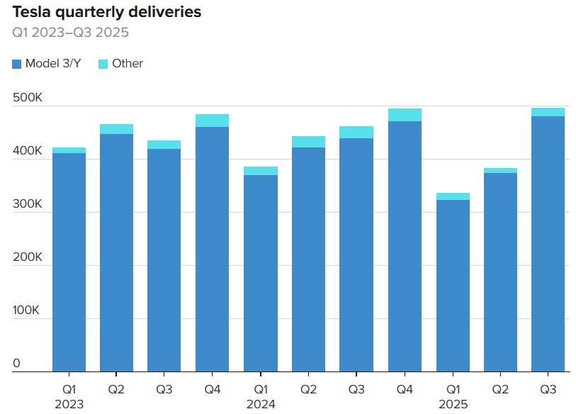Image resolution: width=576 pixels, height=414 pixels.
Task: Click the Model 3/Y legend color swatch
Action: tap(17, 64)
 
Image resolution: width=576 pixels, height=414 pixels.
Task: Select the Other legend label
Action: tap(128, 64)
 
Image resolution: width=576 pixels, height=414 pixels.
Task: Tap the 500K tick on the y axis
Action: tap(28, 98)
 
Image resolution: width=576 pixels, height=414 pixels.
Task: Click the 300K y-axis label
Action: tap(28, 204)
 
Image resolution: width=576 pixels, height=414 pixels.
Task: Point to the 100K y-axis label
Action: tap(28, 310)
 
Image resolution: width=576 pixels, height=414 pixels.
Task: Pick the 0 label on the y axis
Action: tap(16, 364)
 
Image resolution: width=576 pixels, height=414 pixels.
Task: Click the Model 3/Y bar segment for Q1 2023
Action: tap(69, 262)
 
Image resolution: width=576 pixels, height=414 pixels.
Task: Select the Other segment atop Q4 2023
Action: tap(212, 121)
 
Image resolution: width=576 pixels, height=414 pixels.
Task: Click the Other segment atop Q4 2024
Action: tap(405, 115)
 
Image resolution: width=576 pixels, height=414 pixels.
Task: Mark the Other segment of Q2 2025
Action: tap(500, 170)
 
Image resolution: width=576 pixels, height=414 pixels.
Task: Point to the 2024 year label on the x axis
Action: tap(261, 404)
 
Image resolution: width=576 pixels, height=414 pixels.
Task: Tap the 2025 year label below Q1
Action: tap(453, 404)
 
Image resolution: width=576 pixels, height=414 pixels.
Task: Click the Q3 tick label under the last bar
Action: tap(548, 389)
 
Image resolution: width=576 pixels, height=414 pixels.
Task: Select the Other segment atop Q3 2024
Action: tap(356, 132)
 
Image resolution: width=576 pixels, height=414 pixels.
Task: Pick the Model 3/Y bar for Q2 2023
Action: tap(116, 252)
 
